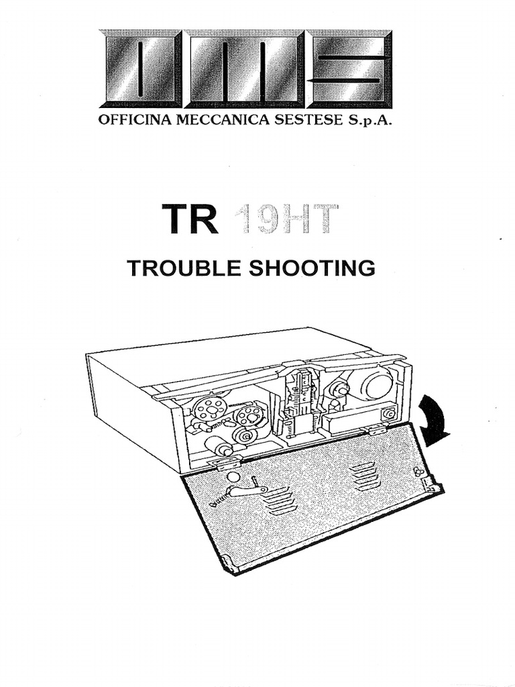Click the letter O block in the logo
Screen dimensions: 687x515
coord(140,69)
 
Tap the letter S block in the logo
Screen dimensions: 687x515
coord(349,69)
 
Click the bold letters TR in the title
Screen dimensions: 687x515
coord(190,219)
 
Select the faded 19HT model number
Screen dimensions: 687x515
coord(285,219)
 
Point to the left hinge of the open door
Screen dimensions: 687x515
coord(225,462)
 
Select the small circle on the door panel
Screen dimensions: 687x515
coord(233,477)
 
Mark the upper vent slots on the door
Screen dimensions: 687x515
coord(364,475)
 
